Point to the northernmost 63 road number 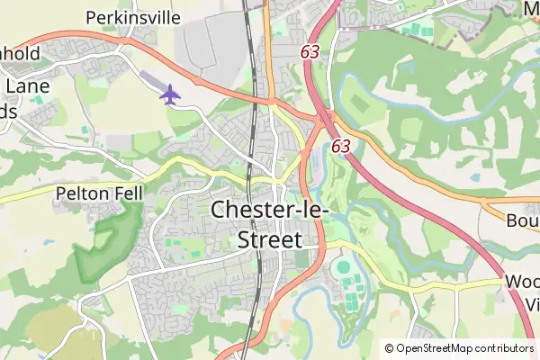click(x=310, y=53)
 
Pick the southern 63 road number click(x=340, y=145)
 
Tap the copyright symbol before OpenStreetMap click(x=390, y=348)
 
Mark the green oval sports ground click(x=341, y=267)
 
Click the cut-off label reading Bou click(x=522, y=221)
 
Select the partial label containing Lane click(x=22, y=86)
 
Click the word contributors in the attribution click(x=500, y=348)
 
